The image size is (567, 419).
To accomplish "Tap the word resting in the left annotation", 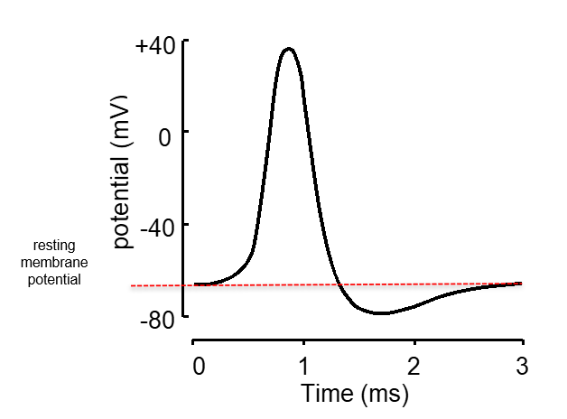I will (54, 246).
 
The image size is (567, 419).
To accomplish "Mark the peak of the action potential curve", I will (288, 49).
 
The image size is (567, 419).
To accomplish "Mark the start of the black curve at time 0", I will (195, 284).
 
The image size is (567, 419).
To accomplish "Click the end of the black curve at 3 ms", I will (522, 283).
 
